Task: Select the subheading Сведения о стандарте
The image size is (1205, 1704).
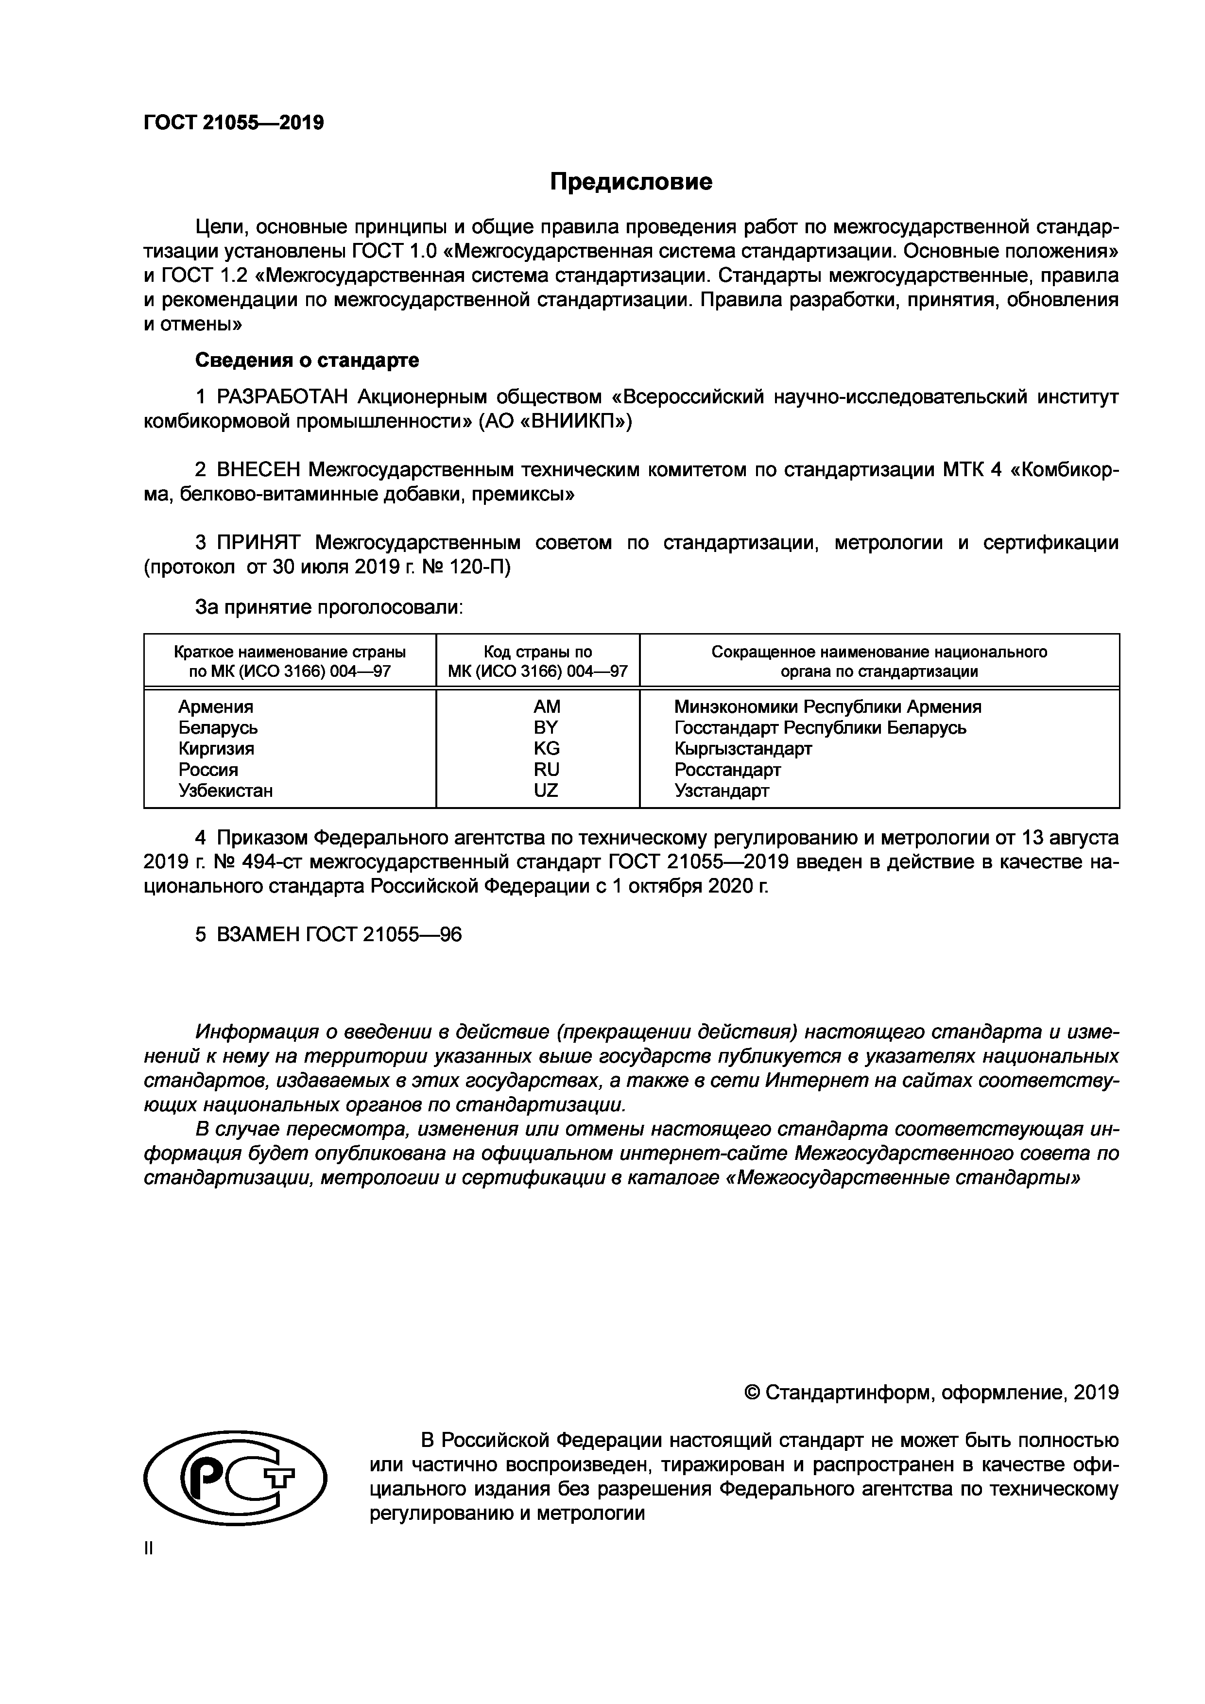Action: [307, 361]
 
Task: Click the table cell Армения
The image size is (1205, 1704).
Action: [215, 706]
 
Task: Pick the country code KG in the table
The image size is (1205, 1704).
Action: [546, 748]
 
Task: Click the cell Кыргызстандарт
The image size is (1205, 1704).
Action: [743, 748]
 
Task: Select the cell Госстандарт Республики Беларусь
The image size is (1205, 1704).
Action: [820, 727]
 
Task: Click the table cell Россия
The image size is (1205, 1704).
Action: [208, 770]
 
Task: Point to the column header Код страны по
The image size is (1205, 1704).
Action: [538, 652]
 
